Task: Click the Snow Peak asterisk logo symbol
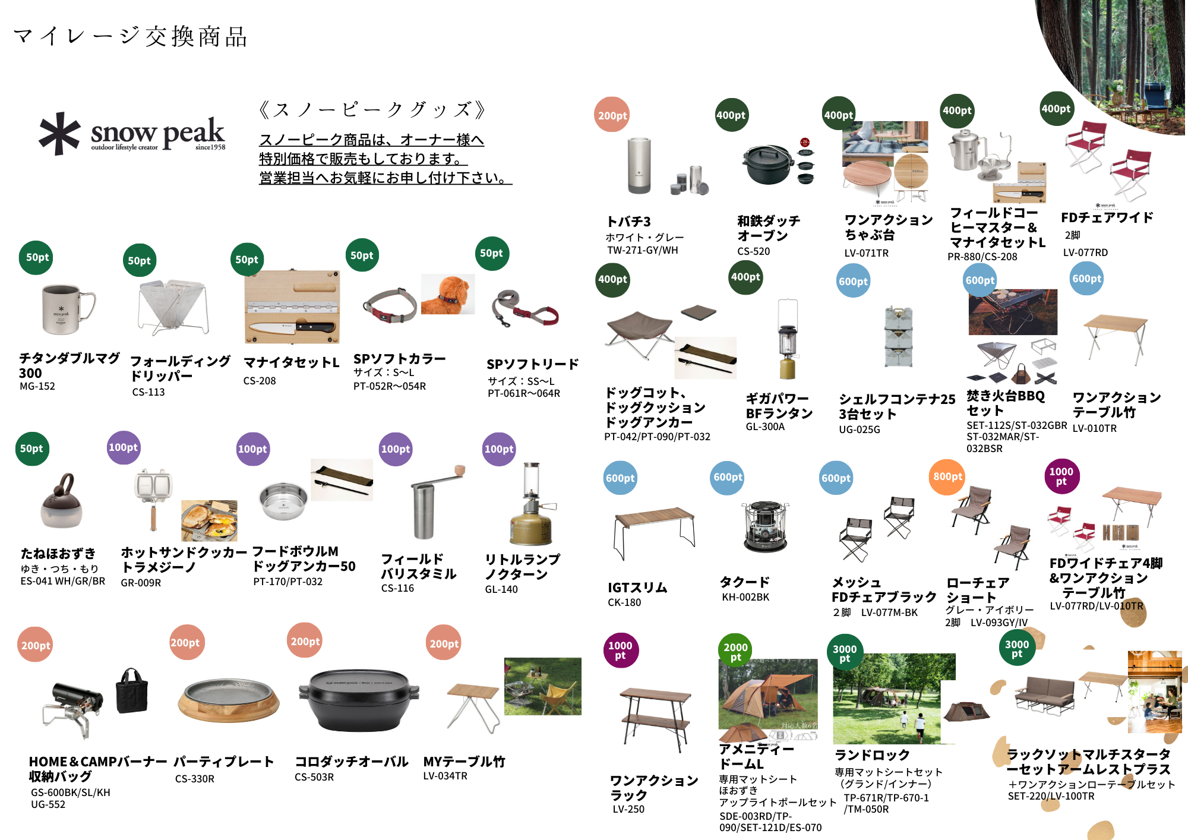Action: pos(59,134)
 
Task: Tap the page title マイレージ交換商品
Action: pos(130,37)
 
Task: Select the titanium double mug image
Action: pos(67,309)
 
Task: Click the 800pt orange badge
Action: pos(947,476)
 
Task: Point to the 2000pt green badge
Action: pos(735,651)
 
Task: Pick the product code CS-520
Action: pos(753,251)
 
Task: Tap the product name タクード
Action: pos(745,582)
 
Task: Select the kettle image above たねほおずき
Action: pos(61,502)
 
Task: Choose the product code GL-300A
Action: pos(765,427)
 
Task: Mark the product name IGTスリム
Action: pos(637,588)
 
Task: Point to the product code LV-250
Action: pos(628,809)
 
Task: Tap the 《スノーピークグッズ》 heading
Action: pos(372,109)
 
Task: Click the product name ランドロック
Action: pos(872,755)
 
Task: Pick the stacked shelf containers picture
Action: pos(898,337)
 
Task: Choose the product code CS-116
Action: pos(397,588)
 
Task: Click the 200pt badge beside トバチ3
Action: pos(612,115)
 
